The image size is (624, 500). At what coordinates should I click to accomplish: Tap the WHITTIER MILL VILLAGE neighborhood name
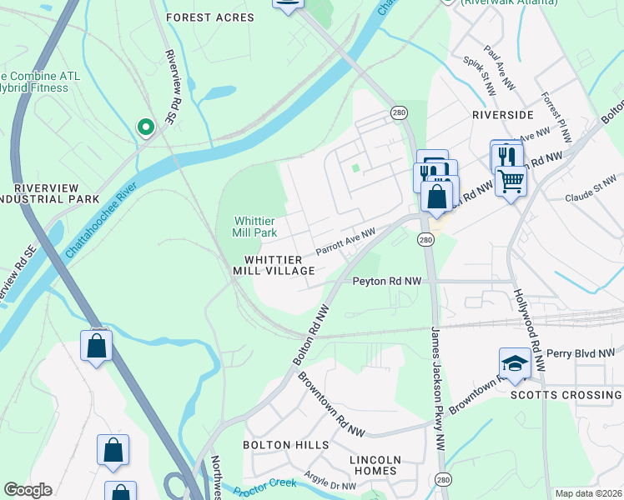point(279,265)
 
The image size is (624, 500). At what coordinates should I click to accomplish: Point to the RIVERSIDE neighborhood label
point(502,114)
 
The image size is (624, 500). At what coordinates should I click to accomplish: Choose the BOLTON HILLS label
point(286,445)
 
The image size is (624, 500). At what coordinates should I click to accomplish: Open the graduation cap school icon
point(515,363)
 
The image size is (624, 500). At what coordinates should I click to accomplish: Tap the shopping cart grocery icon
point(511,179)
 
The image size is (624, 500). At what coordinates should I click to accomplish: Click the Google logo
point(28,491)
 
